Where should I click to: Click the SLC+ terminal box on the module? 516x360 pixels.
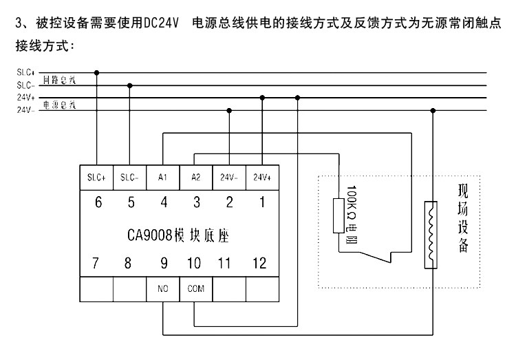click(96, 177)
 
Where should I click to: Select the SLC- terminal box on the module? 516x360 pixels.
click(129, 177)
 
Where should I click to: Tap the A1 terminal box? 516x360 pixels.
click(163, 177)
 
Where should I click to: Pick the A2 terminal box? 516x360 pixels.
click(195, 177)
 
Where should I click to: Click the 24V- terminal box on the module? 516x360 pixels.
click(229, 177)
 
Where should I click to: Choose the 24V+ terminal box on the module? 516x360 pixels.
click(261, 177)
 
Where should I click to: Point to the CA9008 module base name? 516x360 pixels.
click(178, 233)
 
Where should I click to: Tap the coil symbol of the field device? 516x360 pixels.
click(432, 233)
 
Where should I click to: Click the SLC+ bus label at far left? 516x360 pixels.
click(27, 72)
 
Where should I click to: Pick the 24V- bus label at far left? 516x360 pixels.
click(26, 109)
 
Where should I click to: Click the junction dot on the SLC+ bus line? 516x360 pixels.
click(96, 72)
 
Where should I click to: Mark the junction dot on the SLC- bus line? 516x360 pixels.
click(129, 85)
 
